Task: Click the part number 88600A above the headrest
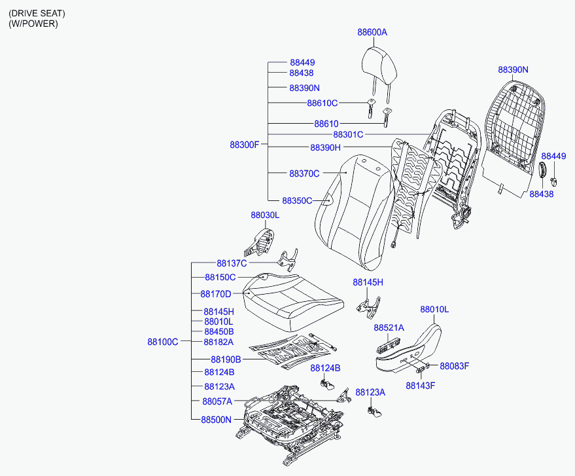click(x=372, y=32)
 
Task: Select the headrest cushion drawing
click(x=379, y=65)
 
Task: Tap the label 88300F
click(x=244, y=145)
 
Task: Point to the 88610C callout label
click(x=322, y=103)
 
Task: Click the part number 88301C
click(x=348, y=135)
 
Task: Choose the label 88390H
click(x=325, y=147)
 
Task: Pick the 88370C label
click(x=304, y=174)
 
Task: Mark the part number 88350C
click(x=297, y=201)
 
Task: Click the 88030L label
click(x=265, y=215)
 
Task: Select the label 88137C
click(x=232, y=263)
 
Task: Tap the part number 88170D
click(x=216, y=294)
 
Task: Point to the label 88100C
click(x=163, y=342)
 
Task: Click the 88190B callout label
click(x=226, y=359)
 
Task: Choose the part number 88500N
click(x=217, y=420)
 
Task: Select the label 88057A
click(x=217, y=401)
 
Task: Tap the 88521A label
click(x=389, y=328)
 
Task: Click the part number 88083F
click(x=455, y=366)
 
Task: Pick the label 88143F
click(x=420, y=386)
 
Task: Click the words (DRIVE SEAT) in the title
click(x=37, y=14)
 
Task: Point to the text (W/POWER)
click(x=33, y=24)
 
